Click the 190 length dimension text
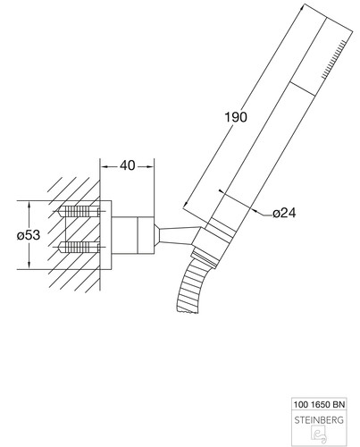pos(236,117)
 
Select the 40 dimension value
pos(128,165)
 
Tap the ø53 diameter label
pos(29,235)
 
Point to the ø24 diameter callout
pos(284,213)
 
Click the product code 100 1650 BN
pos(319,404)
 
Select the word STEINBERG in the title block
pos(319,420)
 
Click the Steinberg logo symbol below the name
pos(319,434)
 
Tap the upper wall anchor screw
pos(80,212)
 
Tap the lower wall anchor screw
pos(80,247)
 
